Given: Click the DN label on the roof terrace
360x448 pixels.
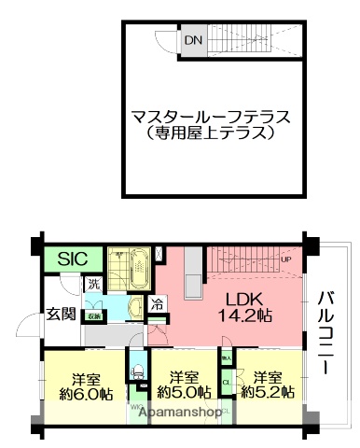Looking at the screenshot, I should pos(193,41).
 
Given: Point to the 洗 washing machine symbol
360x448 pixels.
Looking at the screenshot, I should pos(93,284).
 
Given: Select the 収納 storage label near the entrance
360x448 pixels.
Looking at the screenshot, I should pos(94,316).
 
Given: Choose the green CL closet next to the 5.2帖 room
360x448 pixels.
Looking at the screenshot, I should pos(226,382).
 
